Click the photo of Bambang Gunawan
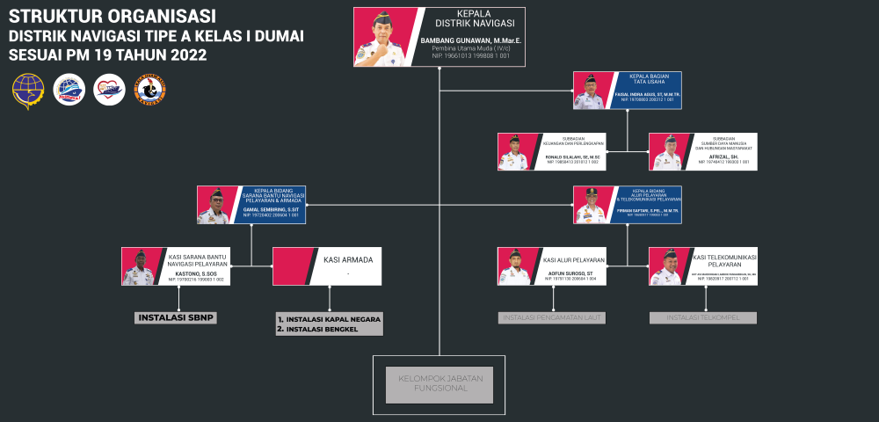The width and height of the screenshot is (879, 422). coord(384,37)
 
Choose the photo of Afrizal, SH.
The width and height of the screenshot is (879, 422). coord(666,151)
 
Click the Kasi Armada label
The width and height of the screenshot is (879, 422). coord(348,260)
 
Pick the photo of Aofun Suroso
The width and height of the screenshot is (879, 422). coord(515,266)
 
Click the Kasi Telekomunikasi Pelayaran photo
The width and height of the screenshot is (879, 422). coord(666,266)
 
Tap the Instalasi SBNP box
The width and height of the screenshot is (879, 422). coord(176,317)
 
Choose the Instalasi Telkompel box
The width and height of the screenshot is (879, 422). coord(702,317)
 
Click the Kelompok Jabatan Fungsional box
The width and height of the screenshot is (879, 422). coord(439,384)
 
